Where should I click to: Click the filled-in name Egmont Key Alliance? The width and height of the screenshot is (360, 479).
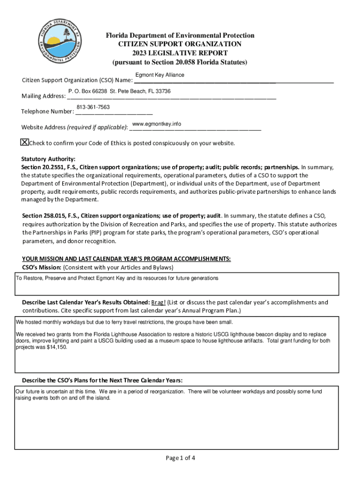159,75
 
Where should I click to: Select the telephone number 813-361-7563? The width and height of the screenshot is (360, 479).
93,107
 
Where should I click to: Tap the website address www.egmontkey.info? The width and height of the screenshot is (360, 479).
157,123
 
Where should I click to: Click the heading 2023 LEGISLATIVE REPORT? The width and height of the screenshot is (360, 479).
180,53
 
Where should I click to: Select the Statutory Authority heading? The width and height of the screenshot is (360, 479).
48,159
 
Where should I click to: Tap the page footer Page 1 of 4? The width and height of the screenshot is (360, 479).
180,457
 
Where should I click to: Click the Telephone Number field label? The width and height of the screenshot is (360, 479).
47,111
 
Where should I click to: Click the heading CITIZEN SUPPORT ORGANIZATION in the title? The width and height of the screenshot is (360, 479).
180,44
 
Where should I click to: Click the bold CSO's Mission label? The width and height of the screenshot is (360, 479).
42,267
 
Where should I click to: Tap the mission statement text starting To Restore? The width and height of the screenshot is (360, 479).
117,278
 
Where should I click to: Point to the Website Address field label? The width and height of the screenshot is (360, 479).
44,128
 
